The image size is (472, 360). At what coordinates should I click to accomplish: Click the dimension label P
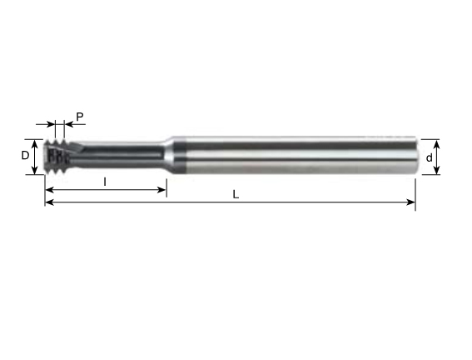tap(80, 117)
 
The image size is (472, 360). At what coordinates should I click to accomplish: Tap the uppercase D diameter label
tap(25, 156)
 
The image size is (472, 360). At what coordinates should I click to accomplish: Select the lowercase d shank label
tap(430, 157)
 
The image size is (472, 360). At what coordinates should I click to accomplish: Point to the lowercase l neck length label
tap(105, 182)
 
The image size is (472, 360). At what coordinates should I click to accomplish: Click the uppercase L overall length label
tap(236, 195)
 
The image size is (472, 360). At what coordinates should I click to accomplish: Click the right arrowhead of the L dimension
tap(411, 202)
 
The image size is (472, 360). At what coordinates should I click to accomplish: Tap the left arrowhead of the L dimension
tap(49, 202)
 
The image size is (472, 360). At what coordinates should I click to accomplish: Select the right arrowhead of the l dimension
tap(162, 190)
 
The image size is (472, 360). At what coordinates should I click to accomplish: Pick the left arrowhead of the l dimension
tap(49, 190)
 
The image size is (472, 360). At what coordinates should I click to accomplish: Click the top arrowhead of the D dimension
tap(35, 144)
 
